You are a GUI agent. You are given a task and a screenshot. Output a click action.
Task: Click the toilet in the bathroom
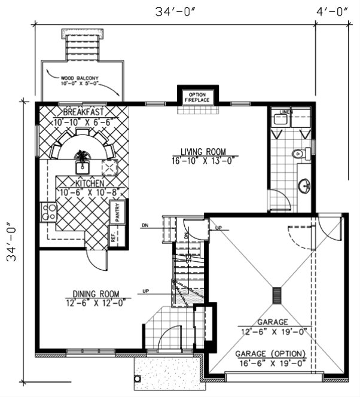point(297,154)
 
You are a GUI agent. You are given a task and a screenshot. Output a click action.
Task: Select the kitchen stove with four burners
point(48,211)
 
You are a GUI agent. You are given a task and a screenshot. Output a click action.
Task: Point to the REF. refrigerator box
point(113,236)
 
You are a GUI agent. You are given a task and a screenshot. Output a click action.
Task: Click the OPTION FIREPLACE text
point(197,97)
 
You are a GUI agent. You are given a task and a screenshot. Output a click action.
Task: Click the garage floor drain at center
point(276,295)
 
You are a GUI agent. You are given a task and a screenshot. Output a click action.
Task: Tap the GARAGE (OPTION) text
point(271,353)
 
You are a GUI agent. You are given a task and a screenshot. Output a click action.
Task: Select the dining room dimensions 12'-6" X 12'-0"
point(95,303)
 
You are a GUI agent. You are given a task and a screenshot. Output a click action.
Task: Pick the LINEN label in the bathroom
point(286,112)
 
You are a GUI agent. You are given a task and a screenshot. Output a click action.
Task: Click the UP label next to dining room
point(145,291)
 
